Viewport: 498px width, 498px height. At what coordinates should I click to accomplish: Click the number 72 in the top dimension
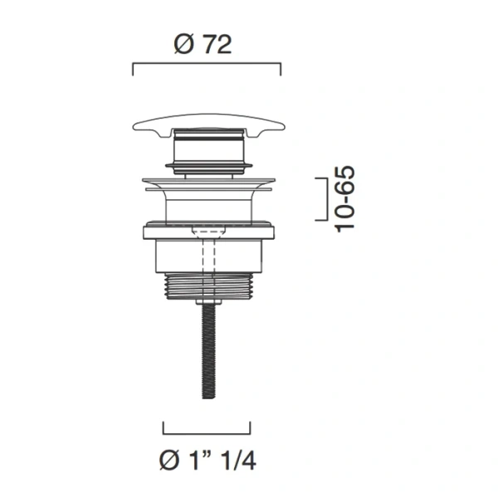tap(217, 45)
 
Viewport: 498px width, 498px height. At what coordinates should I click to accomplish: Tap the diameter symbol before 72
tap(184, 45)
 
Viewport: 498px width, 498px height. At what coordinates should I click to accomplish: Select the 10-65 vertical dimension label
tap(344, 199)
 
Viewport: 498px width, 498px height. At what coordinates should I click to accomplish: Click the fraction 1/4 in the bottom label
tap(238, 461)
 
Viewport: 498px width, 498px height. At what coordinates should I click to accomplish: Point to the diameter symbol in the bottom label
tap(169, 461)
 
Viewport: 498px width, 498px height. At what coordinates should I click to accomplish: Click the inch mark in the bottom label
tap(209, 455)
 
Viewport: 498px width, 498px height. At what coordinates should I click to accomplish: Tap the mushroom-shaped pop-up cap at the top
tap(208, 126)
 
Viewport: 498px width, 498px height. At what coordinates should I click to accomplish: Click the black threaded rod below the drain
tap(208, 350)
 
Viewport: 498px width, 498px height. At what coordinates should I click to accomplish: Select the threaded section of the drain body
tap(208, 286)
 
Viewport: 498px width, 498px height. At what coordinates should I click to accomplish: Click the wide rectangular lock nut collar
tap(208, 230)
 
